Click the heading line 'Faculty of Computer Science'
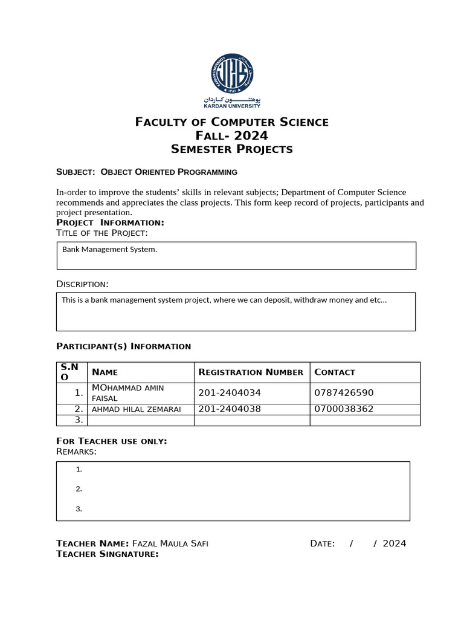click(x=232, y=122)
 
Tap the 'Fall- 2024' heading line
click(x=232, y=135)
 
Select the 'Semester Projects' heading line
click(x=232, y=149)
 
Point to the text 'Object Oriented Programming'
click(x=169, y=172)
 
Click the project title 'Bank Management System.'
click(x=109, y=249)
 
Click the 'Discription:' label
click(x=83, y=284)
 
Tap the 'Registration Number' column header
click(x=251, y=372)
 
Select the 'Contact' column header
click(x=335, y=372)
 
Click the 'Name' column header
click(x=105, y=372)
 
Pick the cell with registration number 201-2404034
click(x=230, y=393)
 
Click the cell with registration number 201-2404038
click(x=230, y=409)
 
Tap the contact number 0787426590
click(x=344, y=393)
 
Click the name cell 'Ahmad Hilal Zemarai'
click(x=136, y=409)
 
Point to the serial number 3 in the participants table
click(x=79, y=420)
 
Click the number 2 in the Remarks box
click(x=79, y=489)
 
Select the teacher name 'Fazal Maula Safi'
click(x=170, y=543)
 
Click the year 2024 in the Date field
click(x=395, y=543)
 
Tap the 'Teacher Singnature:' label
click(x=108, y=554)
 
